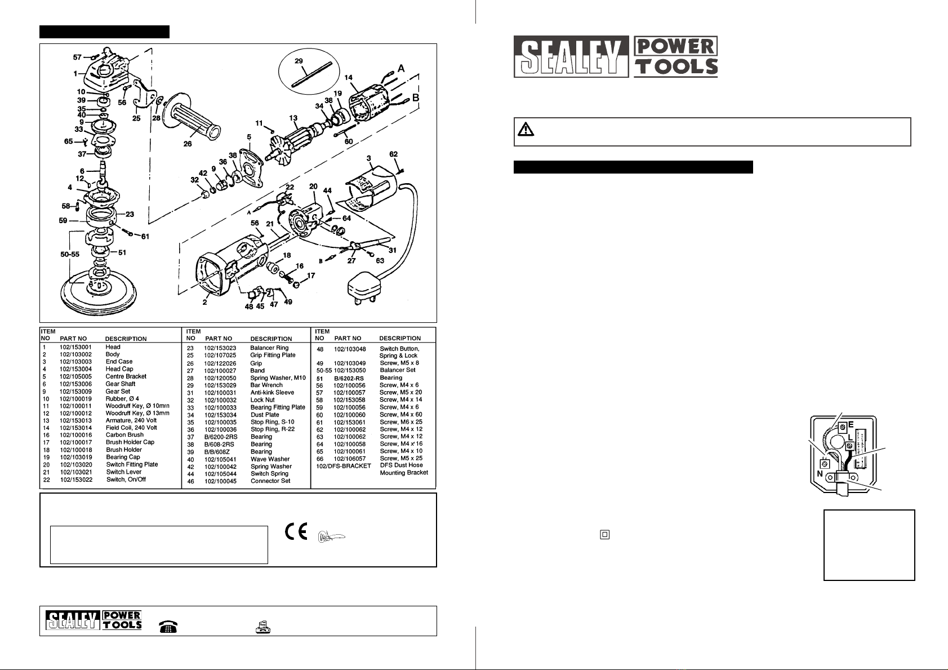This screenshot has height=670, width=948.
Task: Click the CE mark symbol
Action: point(296,533)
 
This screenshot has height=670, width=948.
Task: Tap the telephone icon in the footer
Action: point(168,627)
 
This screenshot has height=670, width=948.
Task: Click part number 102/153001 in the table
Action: point(75,347)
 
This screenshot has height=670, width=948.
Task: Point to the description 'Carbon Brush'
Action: point(124,435)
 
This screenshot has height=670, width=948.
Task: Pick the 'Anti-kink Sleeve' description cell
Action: point(272,393)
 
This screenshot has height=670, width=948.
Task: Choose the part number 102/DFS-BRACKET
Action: point(344,466)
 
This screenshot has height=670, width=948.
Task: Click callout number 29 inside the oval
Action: point(299,60)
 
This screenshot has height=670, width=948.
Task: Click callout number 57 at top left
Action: point(77,57)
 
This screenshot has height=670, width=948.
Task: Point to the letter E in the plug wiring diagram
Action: point(851,424)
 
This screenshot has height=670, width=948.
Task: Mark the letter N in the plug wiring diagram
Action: point(820,474)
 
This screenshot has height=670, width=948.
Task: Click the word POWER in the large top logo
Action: point(675,46)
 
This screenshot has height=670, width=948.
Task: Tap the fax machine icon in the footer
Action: point(263,627)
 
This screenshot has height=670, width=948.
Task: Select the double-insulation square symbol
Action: point(605,535)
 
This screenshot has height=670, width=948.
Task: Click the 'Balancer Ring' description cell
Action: point(269,348)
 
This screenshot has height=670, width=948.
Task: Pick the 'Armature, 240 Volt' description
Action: point(131,420)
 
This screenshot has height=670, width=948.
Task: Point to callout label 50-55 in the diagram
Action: point(70,255)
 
